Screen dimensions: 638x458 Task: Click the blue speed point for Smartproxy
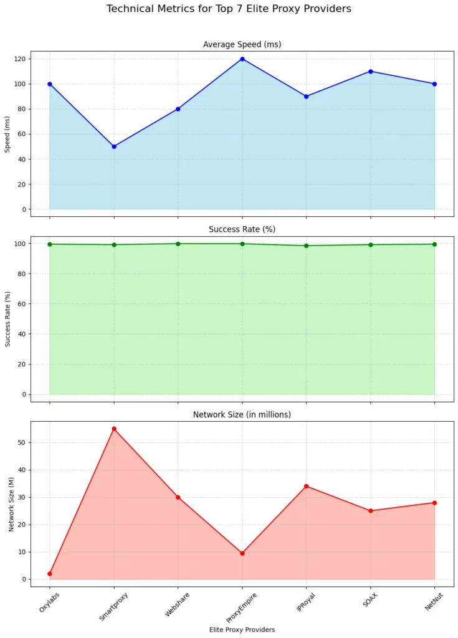click(114, 146)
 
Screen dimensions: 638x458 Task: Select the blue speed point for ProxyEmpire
click(242, 59)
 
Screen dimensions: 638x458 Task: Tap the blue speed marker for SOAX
click(371, 72)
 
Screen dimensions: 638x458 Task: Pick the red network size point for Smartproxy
click(114, 429)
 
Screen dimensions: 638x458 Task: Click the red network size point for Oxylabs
click(50, 574)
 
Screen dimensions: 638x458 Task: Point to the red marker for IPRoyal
click(307, 486)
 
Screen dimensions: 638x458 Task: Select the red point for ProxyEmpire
click(242, 553)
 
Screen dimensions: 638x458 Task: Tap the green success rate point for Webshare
click(178, 244)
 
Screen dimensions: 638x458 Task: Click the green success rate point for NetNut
click(434, 244)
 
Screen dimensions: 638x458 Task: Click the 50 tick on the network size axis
click(22, 442)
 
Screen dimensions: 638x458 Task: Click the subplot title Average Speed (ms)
click(242, 44)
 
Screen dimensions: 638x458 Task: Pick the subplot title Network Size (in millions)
click(242, 414)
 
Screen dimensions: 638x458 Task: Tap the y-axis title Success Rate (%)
click(8, 319)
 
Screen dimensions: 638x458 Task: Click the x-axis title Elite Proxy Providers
click(242, 629)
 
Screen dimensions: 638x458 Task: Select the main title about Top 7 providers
click(229, 9)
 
